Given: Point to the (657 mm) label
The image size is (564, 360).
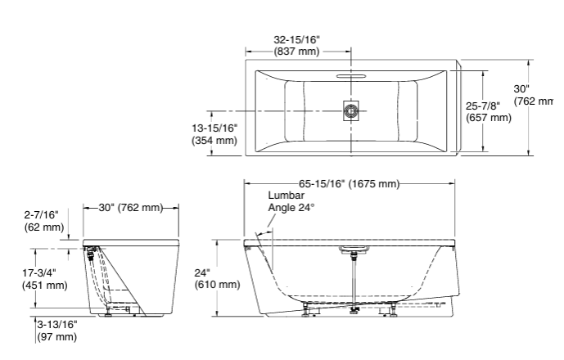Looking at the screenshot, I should click(x=489, y=118).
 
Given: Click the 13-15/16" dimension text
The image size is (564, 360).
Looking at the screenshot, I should click(x=214, y=128).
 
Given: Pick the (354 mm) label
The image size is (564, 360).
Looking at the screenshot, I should click(x=214, y=141).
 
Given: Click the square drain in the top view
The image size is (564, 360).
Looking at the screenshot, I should click(x=351, y=110).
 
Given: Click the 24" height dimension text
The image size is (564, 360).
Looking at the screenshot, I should click(x=202, y=272).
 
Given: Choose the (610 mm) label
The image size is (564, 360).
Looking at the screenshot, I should click(x=217, y=285).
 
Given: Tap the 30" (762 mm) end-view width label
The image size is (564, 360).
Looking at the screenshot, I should click(x=130, y=207).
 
